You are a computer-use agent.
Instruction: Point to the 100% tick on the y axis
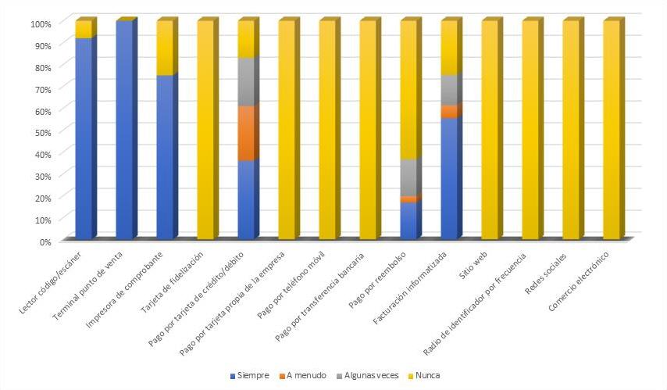point(41,23)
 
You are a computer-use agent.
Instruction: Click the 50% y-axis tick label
point(42,132)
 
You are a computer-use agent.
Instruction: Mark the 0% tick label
point(45,241)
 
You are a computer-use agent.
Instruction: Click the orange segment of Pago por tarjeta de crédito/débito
point(246,133)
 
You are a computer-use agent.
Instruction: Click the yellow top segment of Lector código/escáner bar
point(84,30)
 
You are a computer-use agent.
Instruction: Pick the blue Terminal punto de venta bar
point(124,130)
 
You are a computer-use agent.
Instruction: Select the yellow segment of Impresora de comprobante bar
point(165,48)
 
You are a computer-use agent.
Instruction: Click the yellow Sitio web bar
point(490,130)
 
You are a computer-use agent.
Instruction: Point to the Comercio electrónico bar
point(612,130)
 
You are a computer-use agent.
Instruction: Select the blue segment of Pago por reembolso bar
point(409,220)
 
